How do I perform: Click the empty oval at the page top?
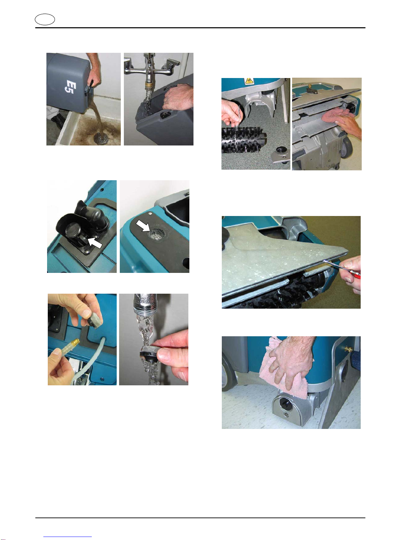pyautogui.click(x=45, y=20)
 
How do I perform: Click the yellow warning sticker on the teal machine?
pyautogui.click(x=249, y=81)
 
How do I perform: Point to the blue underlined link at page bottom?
pyautogui.click(x=68, y=537)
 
